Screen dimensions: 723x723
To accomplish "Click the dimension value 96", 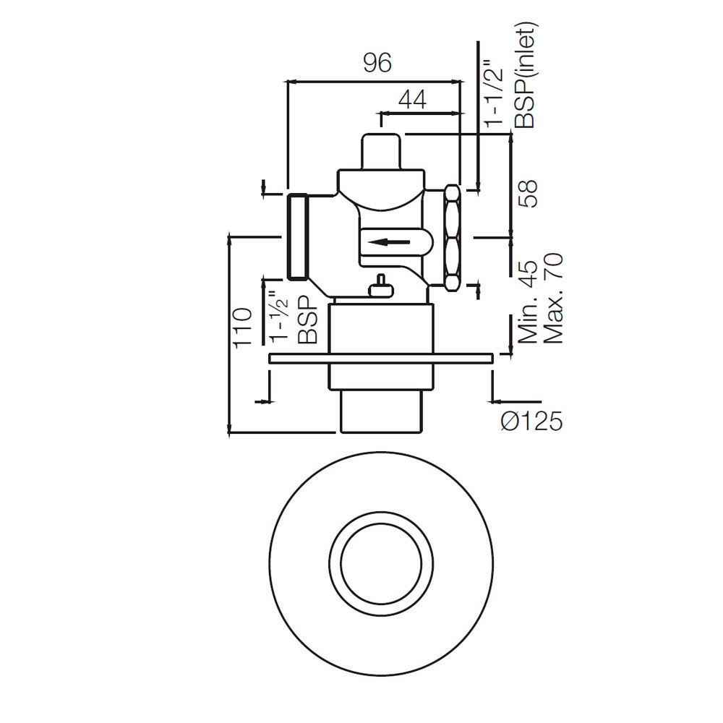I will point(376,64).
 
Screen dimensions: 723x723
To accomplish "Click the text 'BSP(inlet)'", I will point(526,76).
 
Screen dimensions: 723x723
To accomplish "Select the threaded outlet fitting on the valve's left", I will point(299,236).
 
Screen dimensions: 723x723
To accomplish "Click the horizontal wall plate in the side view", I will point(380,357).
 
